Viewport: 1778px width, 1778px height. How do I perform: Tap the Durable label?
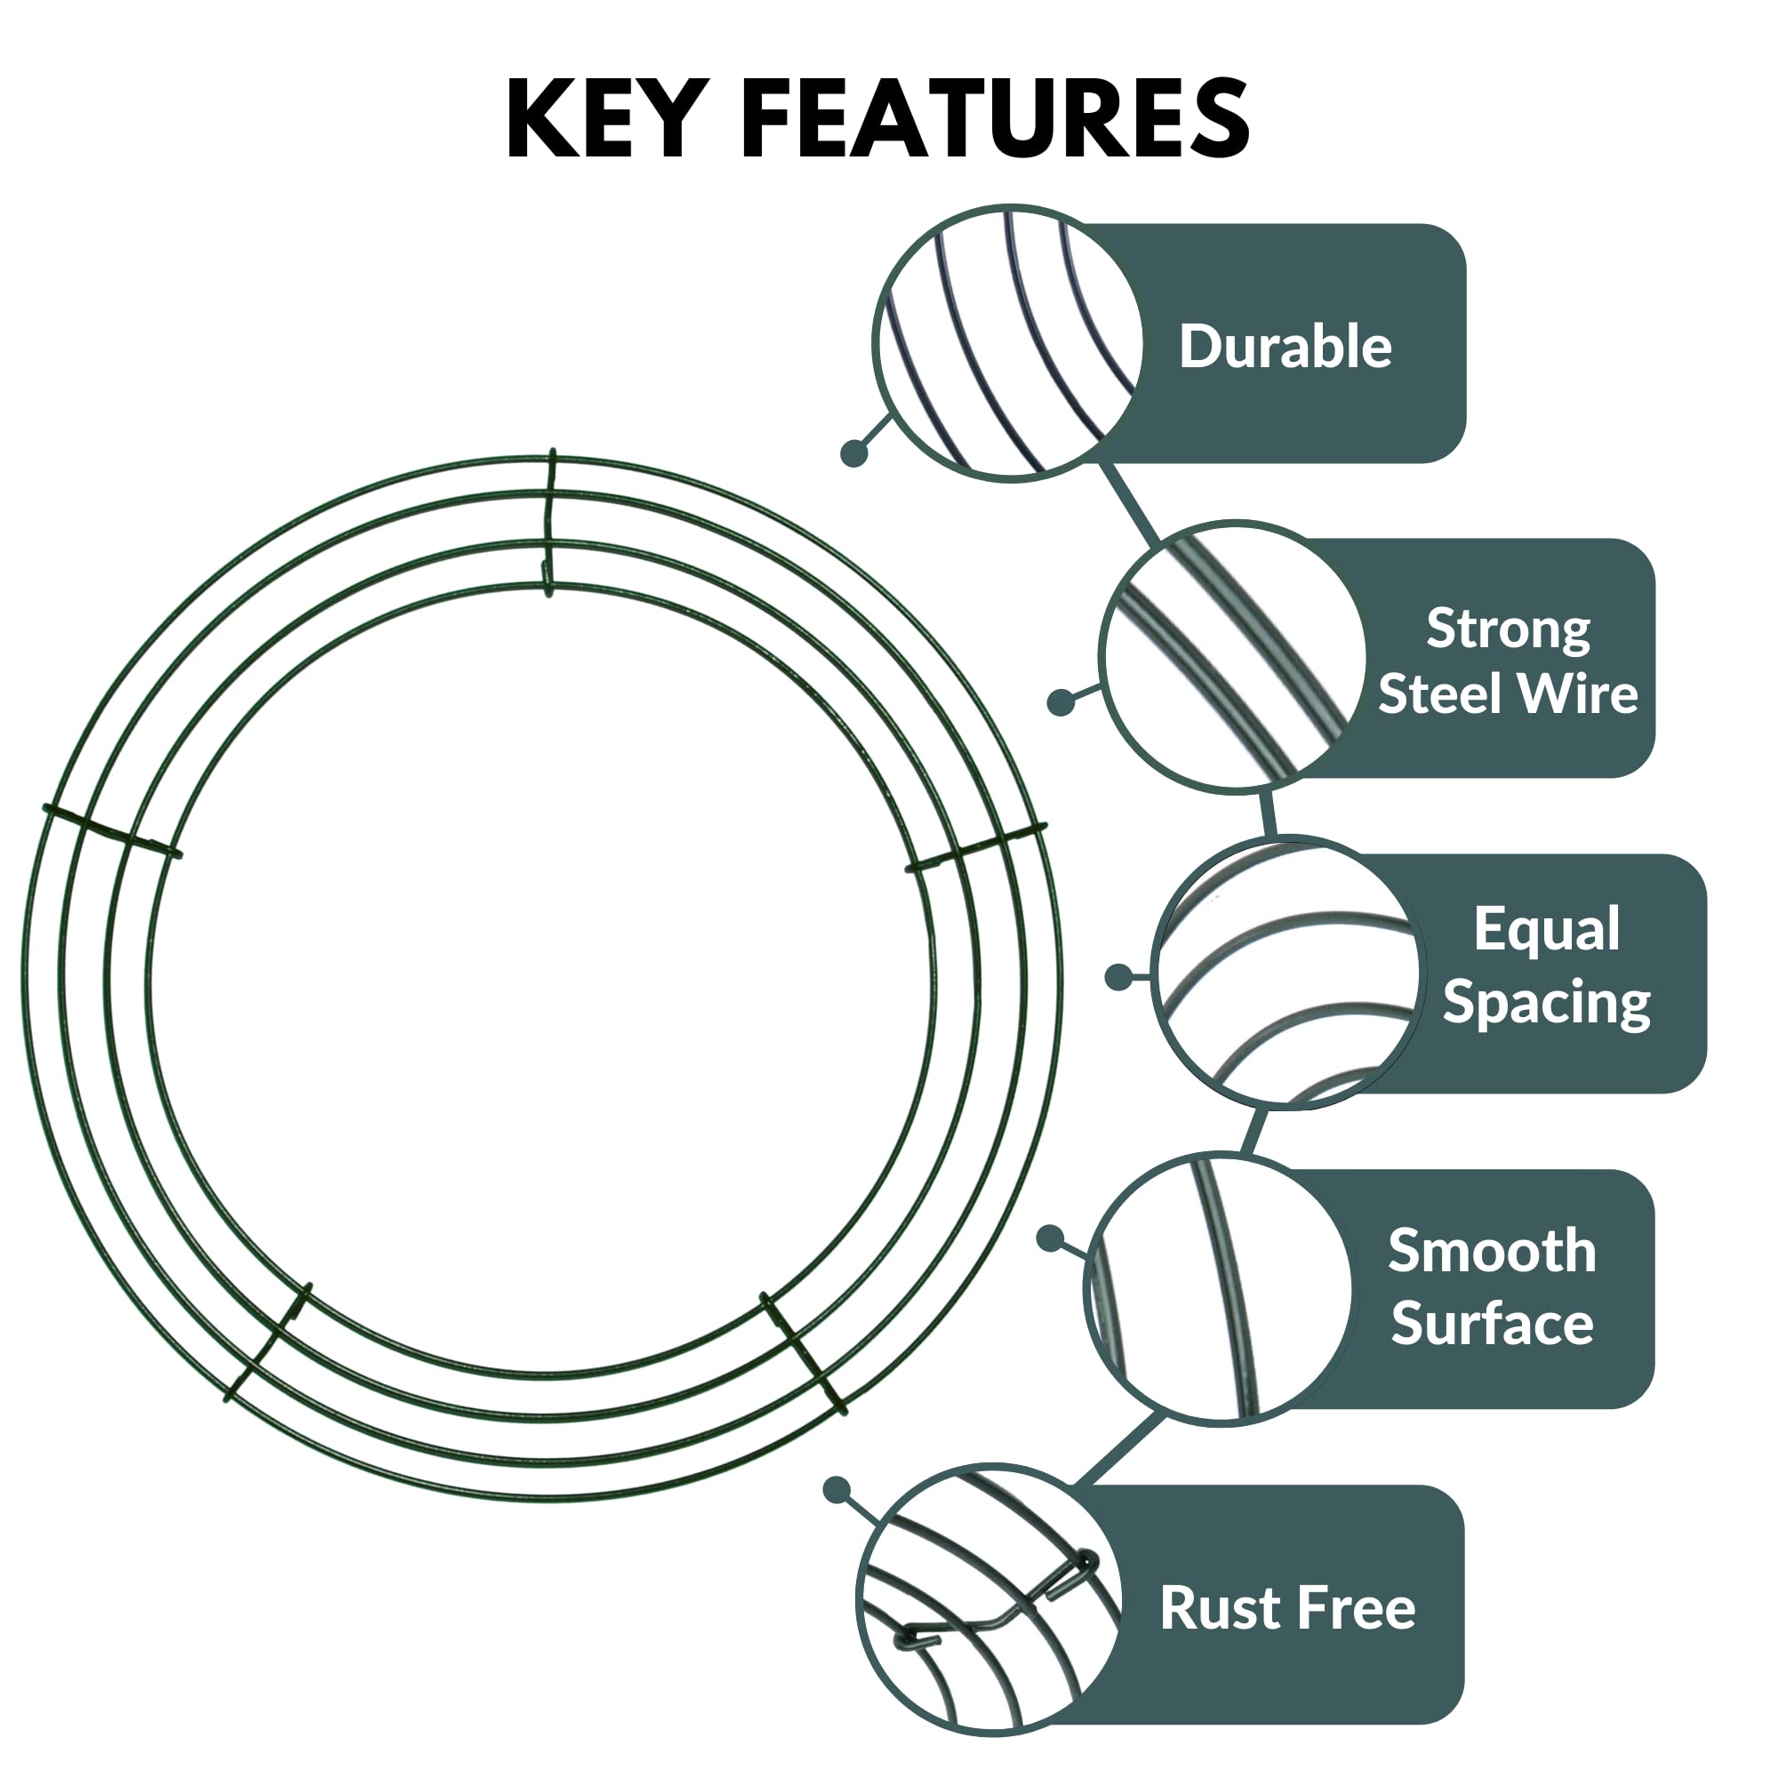tap(1285, 347)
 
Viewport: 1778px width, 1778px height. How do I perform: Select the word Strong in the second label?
tap(1508, 629)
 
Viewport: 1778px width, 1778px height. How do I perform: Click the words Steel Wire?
tap(1508, 693)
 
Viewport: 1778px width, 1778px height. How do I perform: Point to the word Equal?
tap(1546, 930)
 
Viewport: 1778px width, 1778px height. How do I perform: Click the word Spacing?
tap(1546, 1001)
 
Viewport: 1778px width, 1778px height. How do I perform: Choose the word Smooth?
tap(1492, 1252)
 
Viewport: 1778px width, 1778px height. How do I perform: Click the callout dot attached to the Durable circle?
tap(854, 453)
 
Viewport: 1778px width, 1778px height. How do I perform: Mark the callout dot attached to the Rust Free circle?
tap(837, 1490)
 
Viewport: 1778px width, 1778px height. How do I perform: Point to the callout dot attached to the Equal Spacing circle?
tap(1118, 977)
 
